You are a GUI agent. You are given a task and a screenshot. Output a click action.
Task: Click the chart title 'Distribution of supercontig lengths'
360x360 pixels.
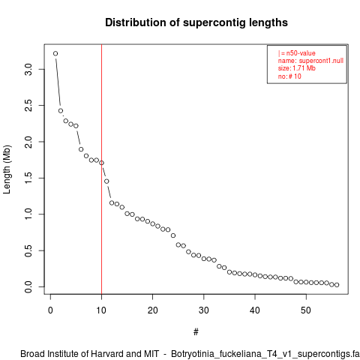click(196, 22)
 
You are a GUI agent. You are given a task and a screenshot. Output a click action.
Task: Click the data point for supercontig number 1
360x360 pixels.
click(55, 53)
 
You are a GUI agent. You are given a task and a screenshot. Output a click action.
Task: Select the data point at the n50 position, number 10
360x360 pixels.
click(101, 163)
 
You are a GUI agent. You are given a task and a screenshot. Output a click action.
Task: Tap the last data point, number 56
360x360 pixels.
click(337, 285)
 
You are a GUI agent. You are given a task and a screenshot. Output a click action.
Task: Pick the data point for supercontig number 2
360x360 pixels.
click(61, 111)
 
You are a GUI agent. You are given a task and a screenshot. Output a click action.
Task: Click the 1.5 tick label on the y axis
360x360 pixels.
click(28, 178)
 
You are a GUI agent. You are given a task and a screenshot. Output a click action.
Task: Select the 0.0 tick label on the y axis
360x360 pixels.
click(28, 286)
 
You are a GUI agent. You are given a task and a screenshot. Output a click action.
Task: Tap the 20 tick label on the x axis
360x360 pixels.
click(152, 310)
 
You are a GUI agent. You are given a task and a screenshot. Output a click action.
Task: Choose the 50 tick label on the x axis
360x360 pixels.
click(306, 310)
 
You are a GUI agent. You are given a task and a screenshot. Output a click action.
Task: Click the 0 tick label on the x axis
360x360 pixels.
click(50, 310)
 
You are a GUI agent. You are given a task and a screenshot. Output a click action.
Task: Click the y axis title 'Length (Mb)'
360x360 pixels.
click(7, 169)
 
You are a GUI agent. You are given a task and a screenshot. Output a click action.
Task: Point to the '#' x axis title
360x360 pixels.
click(196, 332)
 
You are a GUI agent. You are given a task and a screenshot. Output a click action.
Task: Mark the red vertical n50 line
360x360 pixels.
click(101, 169)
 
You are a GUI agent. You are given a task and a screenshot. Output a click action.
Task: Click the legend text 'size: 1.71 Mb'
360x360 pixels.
click(297, 68)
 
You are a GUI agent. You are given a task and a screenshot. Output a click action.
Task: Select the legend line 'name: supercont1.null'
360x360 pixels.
click(310, 61)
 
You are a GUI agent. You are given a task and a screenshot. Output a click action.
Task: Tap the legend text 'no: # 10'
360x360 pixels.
click(289, 76)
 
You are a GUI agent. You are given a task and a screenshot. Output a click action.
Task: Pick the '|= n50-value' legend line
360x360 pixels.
click(297, 53)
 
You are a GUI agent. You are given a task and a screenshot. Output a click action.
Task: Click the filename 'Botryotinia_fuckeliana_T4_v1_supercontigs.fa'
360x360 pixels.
click(265, 354)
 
